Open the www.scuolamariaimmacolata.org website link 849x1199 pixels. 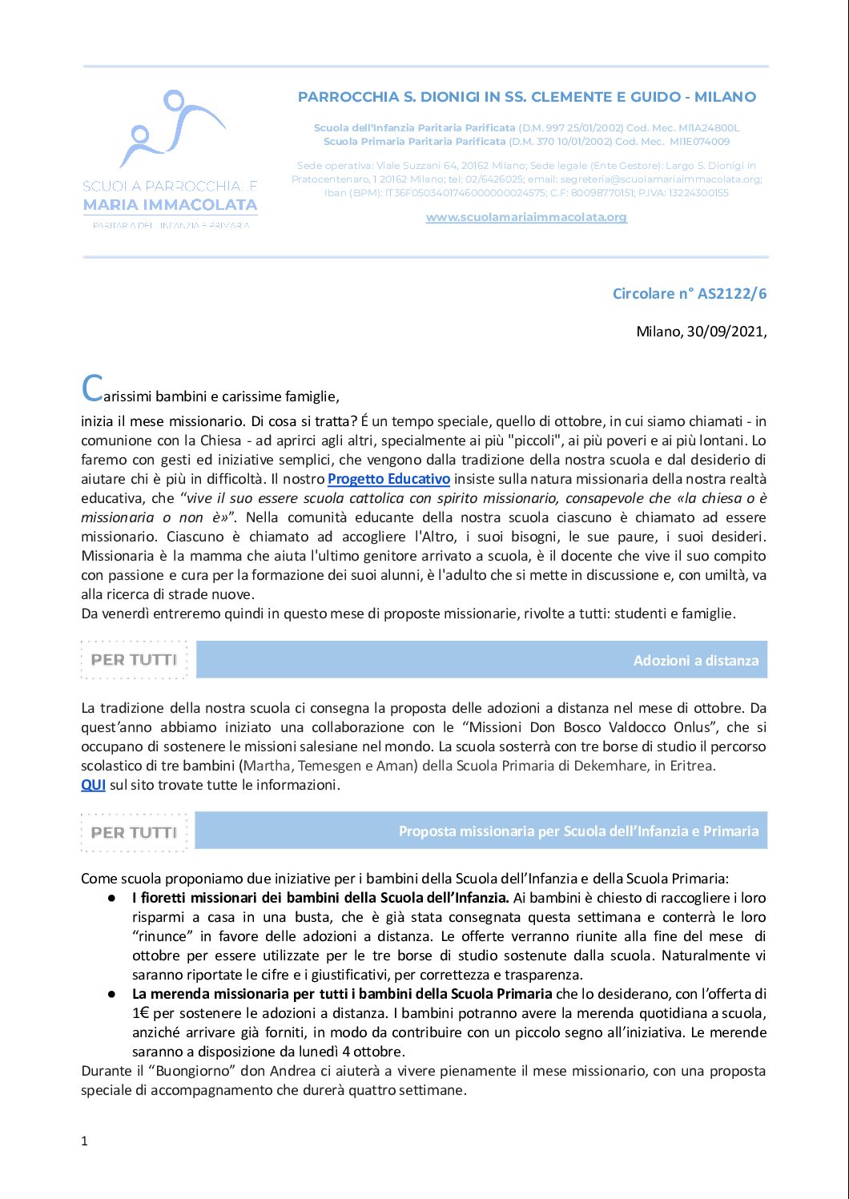526,217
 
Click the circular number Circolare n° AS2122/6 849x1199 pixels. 689,293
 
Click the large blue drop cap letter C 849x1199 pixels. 92,389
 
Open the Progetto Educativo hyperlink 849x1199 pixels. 388,479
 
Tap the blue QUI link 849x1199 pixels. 93,785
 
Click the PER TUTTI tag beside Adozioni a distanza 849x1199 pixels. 134,660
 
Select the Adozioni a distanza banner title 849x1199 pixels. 695,661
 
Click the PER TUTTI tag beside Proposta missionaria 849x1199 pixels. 134,832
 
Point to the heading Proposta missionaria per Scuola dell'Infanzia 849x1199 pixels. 578,831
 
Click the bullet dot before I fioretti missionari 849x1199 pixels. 112,899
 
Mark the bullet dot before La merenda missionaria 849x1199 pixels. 112,995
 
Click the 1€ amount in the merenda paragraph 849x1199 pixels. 141,1013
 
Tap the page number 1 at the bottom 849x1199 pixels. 84,1141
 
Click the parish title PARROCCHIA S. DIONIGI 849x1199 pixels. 526,97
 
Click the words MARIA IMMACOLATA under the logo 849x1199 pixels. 170,205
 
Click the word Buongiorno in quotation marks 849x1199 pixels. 190,1071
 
